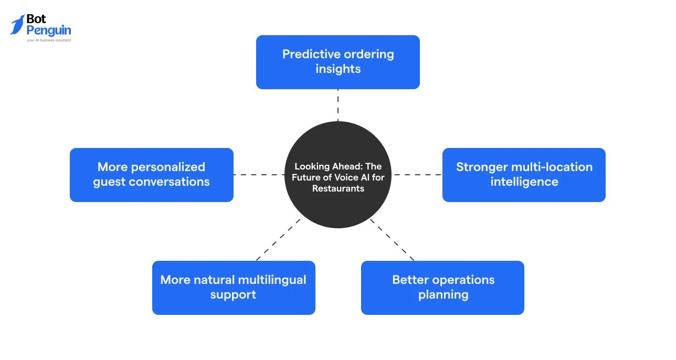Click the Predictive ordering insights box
tap(337, 62)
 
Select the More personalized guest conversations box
tap(152, 175)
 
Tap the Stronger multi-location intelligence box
tap(524, 175)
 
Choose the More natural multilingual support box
tap(234, 288)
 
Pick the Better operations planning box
tap(442, 288)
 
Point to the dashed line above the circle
tap(337, 105)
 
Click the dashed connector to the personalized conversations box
tap(259, 175)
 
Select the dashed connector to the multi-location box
tap(417, 175)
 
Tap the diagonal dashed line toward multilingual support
tap(278, 240)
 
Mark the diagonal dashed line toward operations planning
tap(392, 240)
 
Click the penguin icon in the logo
tap(17, 25)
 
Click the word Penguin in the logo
tap(49, 30)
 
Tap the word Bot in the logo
tap(36, 19)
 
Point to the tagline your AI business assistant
tap(49, 40)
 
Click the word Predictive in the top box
tap(311, 55)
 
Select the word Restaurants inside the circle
tap(338, 188)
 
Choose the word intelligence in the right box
tap(524, 182)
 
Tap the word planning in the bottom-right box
tap(443, 295)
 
